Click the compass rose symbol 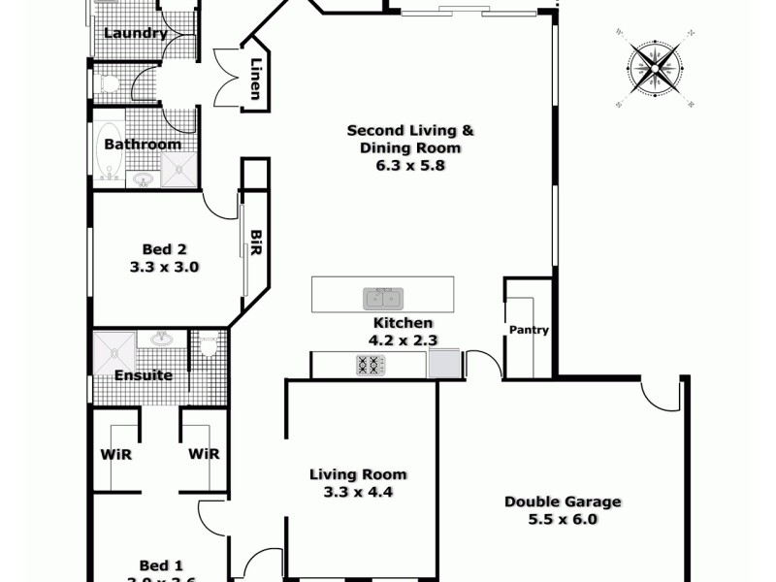click(x=654, y=67)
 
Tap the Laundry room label click(x=135, y=33)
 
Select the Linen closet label click(x=255, y=77)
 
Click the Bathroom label click(x=143, y=145)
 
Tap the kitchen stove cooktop click(x=369, y=366)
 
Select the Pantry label click(x=529, y=330)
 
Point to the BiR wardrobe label click(x=256, y=243)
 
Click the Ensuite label click(x=144, y=375)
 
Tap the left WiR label click(x=116, y=453)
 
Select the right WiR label click(x=203, y=453)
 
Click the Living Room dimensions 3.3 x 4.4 click(x=358, y=492)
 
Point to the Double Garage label click(x=563, y=501)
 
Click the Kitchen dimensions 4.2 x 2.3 click(x=403, y=340)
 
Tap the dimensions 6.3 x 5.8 click(x=403, y=165)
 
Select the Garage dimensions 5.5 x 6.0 click(x=564, y=519)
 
